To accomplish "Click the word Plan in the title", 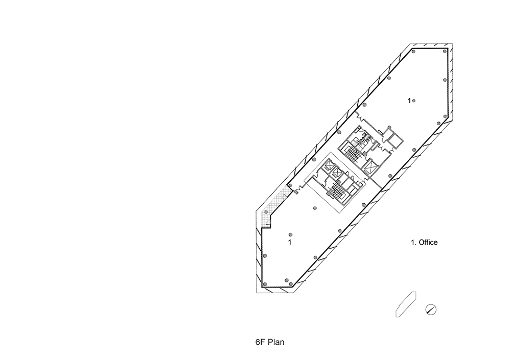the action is (x=276, y=342).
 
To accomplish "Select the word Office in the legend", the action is (x=428, y=243).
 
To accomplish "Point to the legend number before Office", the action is (x=413, y=243).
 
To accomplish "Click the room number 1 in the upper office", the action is (x=409, y=101).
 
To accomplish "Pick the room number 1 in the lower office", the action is (x=290, y=243).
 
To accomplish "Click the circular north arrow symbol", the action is (x=431, y=309).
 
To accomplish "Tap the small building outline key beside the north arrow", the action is (x=406, y=304).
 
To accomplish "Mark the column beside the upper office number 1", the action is (x=414, y=101).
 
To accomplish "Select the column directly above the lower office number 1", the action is (x=290, y=235).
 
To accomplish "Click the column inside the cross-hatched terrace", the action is (x=266, y=212).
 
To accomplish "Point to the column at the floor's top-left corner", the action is (x=413, y=51).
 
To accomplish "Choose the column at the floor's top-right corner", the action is (x=445, y=51).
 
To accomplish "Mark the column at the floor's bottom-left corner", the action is (x=265, y=284).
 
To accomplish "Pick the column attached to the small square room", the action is (x=389, y=127).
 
